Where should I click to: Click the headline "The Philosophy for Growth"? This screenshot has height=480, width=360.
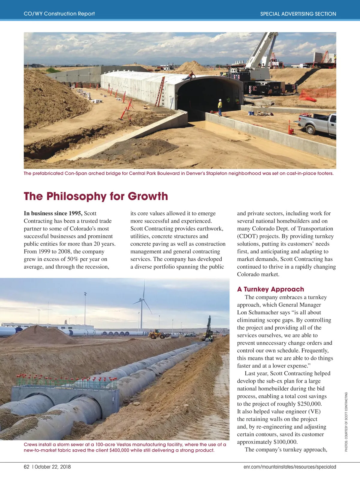click(x=96, y=196)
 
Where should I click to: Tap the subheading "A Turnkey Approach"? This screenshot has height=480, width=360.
click(x=270, y=289)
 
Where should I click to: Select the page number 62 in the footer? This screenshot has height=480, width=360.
click(x=27, y=467)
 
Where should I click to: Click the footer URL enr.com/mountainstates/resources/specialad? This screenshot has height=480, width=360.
click(x=289, y=467)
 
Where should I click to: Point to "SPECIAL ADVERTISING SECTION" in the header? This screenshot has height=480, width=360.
click(x=298, y=14)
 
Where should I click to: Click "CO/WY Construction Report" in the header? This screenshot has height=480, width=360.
click(x=59, y=14)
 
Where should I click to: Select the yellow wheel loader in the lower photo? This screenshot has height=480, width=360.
click(x=157, y=334)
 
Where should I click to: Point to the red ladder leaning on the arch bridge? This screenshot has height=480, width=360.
click(x=160, y=91)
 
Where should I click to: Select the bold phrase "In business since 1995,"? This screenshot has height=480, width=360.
click(x=53, y=213)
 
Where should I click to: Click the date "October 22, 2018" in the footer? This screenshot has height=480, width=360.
click(x=53, y=467)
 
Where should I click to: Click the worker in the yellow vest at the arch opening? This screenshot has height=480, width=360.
click(x=220, y=107)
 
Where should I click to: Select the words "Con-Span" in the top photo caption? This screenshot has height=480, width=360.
click(x=75, y=173)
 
